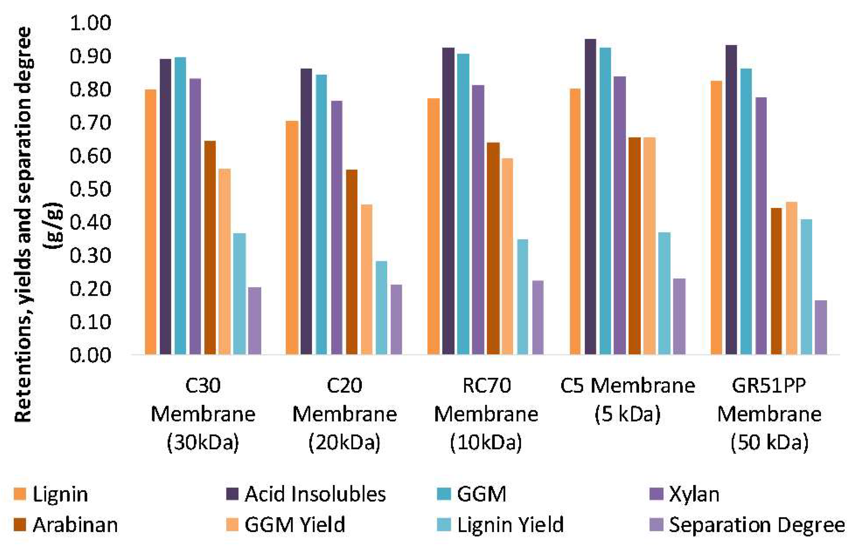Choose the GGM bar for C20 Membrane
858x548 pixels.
321,214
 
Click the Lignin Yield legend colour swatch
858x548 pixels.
444,525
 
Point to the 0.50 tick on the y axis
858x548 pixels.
90,189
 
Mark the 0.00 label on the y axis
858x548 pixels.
90,355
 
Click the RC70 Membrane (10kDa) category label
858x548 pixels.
486,414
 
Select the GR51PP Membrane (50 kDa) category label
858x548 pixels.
769,414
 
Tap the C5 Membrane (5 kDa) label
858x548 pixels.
628,400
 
